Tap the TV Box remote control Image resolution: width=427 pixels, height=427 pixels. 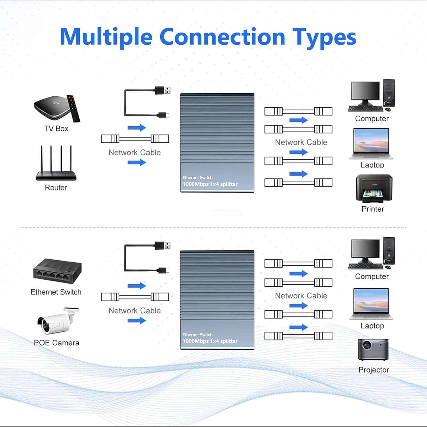coord(73,108)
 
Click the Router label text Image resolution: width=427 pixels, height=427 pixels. coord(56,188)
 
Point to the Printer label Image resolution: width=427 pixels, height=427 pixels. coord(373,209)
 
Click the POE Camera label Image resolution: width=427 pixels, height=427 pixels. coord(56,343)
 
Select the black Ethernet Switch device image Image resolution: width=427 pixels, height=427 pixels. coord(57,271)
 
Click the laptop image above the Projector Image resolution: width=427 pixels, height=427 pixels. coord(371,303)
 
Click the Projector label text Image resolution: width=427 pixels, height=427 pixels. coord(373,370)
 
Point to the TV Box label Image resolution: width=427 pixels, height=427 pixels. coord(56,129)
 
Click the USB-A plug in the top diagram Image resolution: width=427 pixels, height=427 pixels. coord(163,91)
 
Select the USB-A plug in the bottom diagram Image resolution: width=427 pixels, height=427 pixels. coord(163,245)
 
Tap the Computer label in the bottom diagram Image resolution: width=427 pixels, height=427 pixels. coord(372,276)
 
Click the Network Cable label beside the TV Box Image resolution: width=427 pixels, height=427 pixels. coord(135,153)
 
